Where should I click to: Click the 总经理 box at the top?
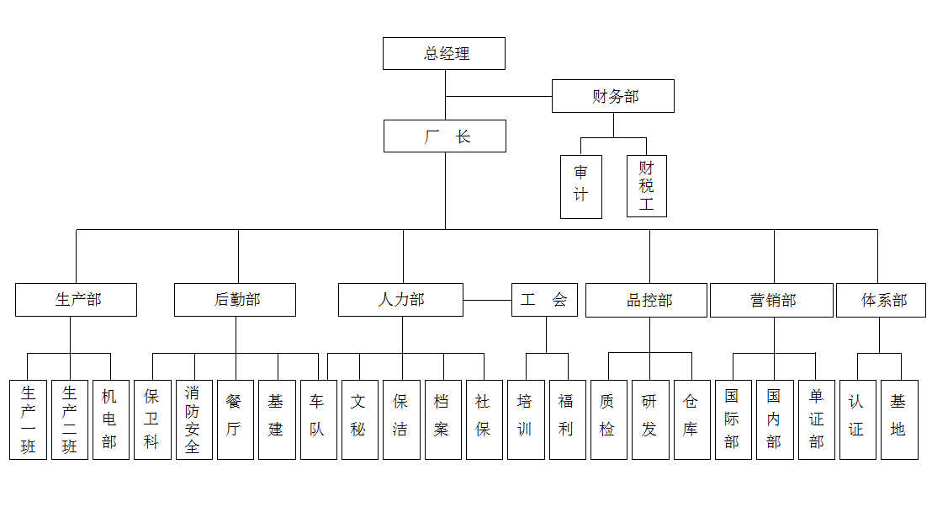[443, 53]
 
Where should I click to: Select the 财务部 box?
[612, 96]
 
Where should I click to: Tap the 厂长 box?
[444, 136]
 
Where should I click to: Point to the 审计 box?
[581, 186]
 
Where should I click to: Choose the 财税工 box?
[646, 186]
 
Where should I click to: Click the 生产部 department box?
[76, 300]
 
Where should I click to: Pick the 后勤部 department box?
[235, 300]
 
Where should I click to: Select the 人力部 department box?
[400, 300]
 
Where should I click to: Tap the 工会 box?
[544, 300]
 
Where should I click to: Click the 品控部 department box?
[646, 301]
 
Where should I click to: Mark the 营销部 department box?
[771, 301]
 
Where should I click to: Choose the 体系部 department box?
[881, 301]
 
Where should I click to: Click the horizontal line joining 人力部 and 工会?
[487, 300]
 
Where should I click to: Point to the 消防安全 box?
[193, 419]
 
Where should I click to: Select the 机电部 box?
[110, 419]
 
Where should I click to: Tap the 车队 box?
[318, 419]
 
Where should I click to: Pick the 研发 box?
[649, 419]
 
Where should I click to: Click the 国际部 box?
[733, 419]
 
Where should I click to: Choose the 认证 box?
[857, 419]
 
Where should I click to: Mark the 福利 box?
[567, 419]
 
